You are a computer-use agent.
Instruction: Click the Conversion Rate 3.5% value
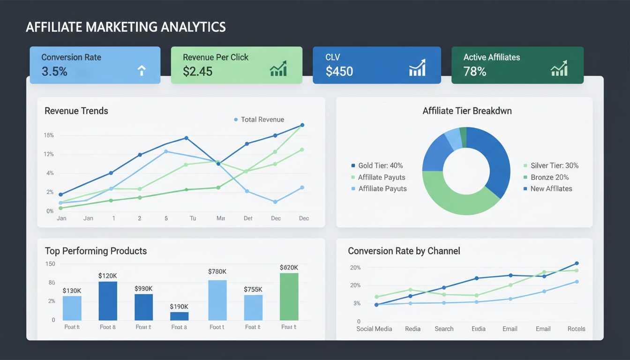[54, 72]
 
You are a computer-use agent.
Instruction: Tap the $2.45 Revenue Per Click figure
[197, 72]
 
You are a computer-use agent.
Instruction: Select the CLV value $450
[339, 72]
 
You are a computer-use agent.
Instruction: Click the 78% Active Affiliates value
[475, 72]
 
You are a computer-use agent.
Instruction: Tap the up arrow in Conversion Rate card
[142, 70]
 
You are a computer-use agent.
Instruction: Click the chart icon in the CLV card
[417, 68]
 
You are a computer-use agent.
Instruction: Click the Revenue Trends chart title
[76, 111]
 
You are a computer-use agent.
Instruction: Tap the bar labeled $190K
[179, 316]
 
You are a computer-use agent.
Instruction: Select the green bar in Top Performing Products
[289, 296]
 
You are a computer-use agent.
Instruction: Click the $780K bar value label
[217, 271]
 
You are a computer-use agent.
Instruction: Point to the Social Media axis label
[374, 329]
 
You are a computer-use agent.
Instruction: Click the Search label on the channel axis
[444, 329]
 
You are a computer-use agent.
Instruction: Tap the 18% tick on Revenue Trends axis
[49, 135]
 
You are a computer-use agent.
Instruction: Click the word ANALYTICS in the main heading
[194, 27]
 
